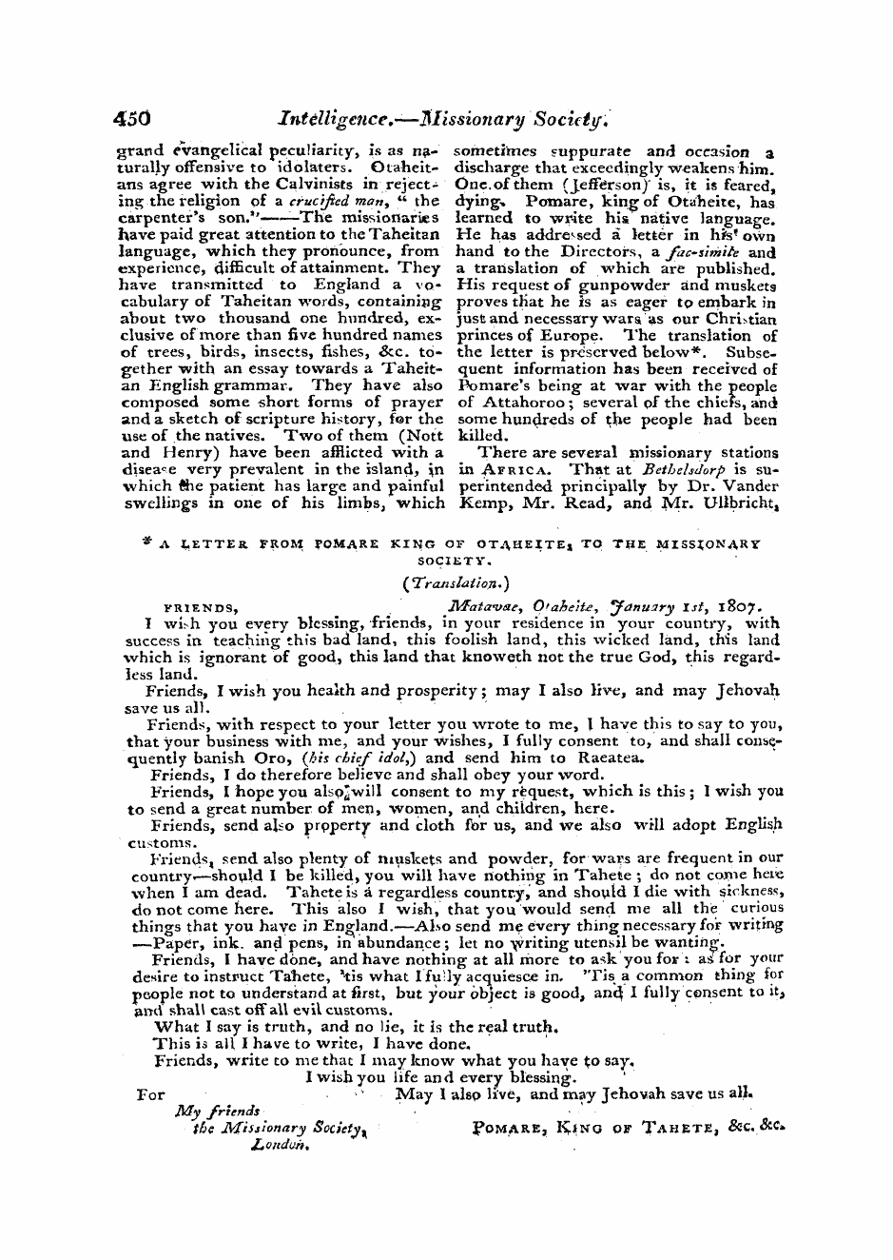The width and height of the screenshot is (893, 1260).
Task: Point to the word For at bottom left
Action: click(151, 1094)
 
